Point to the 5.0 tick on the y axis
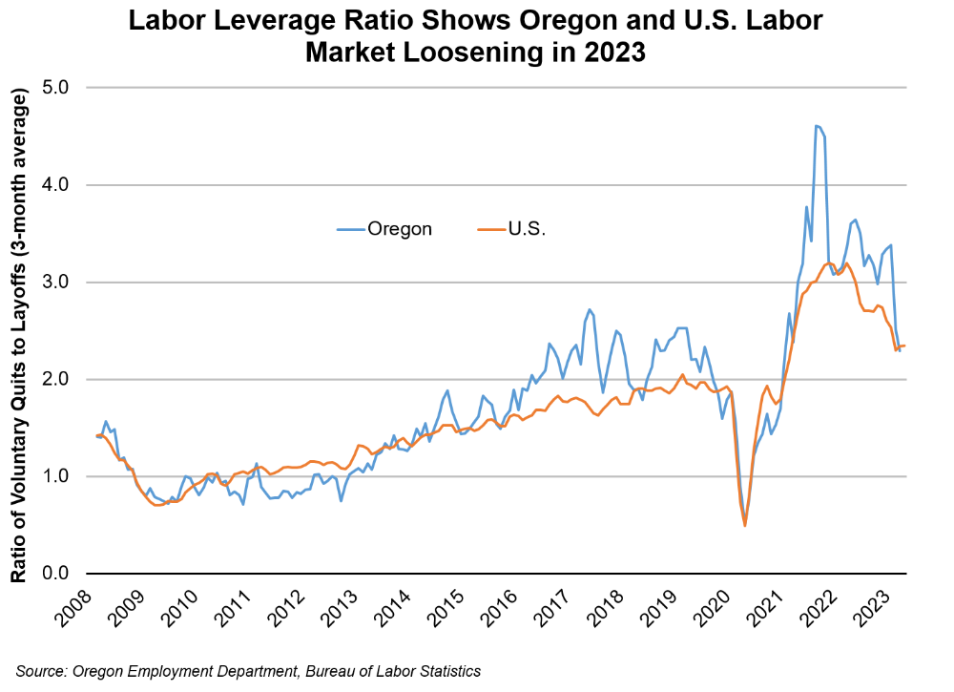pos(64,88)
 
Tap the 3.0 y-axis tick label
pos(64,283)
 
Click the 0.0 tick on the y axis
pos(64,574)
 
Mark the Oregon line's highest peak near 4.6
pos(817,125)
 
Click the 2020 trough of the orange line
pos(744,525)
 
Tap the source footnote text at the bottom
pos(248,672)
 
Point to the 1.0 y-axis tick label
pos(64,476)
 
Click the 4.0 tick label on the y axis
pos(64,185)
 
